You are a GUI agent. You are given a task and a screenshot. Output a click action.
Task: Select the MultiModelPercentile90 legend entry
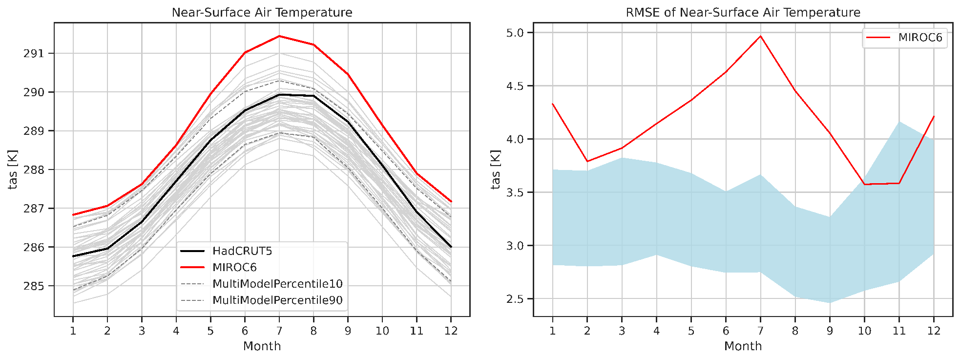tap(277, 300)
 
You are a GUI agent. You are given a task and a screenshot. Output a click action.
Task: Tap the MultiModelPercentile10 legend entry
tap(277, 284)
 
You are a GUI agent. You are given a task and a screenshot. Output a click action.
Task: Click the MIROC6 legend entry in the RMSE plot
tap(920, 38)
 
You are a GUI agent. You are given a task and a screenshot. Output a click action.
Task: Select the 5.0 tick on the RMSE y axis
tap(514, 33)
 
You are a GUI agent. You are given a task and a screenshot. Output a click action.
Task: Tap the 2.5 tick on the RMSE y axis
tap(514, 299)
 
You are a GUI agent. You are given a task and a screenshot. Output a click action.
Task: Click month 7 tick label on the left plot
tap(279, 331)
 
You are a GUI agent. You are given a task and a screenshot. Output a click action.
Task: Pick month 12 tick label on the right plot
tap(934, 331)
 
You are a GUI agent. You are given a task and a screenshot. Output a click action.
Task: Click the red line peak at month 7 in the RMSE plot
tap(760, 36)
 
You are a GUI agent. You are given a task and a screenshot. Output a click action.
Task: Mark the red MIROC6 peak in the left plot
tap(279, 36)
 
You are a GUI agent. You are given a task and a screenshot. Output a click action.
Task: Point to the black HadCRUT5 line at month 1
tap(73, 256)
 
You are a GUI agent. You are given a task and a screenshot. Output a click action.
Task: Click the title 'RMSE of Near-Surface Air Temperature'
tap(743, 12)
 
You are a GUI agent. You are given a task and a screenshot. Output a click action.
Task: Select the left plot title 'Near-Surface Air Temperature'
tap(262, 12)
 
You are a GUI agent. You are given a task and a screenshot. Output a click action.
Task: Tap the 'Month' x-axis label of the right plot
tap(743, 346)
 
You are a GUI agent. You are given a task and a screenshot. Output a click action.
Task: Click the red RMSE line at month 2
tap(587, 161)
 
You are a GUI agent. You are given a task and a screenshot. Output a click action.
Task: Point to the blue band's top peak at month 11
tap(899, 122)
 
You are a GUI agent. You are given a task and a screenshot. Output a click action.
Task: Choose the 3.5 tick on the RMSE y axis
tap(514, 192)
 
